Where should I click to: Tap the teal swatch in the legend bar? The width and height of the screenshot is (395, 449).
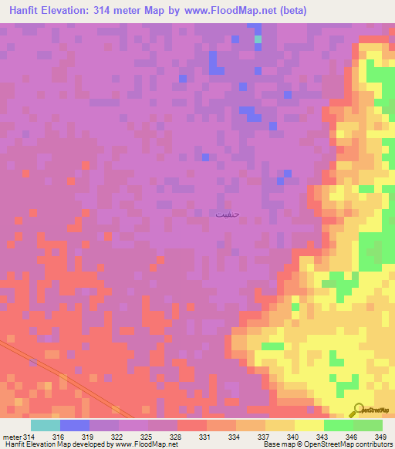click(x=46, y=425)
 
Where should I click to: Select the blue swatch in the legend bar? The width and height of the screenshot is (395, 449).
click(x=75, y=425)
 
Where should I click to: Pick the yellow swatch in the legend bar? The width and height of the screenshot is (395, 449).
click(x=309, y=425)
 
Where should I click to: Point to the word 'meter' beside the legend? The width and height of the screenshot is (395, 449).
click(x=12, y=437)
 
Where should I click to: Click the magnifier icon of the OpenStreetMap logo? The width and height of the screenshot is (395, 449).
click(x=357, y=410)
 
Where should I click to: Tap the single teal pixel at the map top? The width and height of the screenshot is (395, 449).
click(x=258, y=39)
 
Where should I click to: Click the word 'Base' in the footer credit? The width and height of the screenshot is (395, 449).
click(x=273, y=444)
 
